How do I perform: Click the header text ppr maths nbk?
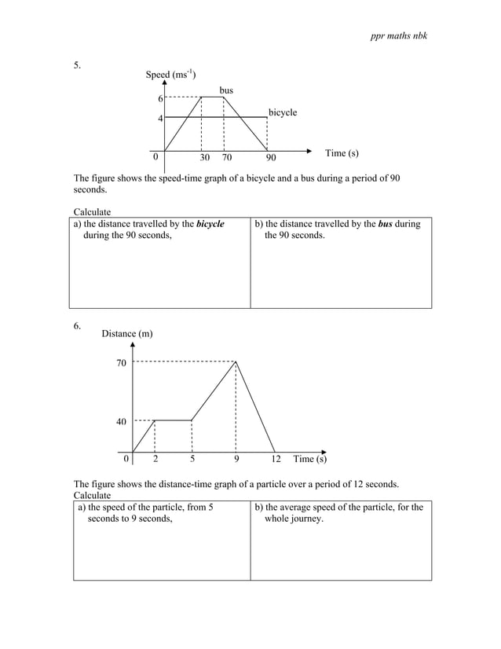tap(398, 37)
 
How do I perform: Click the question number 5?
tap(78, 65)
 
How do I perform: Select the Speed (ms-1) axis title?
tap(170, 75)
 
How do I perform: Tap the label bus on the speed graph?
tap(226, 91)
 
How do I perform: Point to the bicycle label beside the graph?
tap(283, 113)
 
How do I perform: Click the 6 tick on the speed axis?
tap(160, 99)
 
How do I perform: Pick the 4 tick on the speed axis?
tap(160, 119)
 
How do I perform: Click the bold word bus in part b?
tap(386, 225)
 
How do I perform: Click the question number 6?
tap(78, 327)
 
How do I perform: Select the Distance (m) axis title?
tap(127, 335)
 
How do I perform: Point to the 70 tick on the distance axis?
tap(120, 363)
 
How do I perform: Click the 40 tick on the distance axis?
tap(120, 422)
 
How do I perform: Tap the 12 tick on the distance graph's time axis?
tap(276, 459)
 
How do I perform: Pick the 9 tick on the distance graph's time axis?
tap(236, 459)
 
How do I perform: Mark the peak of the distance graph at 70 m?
tap(236, 361)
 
